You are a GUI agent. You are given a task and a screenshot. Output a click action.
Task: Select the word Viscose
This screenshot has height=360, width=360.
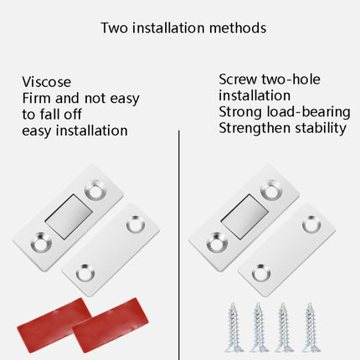click(47, 81)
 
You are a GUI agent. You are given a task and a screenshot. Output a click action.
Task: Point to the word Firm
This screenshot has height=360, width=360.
click(38, 98)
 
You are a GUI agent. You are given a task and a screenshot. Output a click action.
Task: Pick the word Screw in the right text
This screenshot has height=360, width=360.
click(238, 79)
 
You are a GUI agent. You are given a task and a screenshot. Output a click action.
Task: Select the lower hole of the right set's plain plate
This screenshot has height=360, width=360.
click(259, 270)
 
